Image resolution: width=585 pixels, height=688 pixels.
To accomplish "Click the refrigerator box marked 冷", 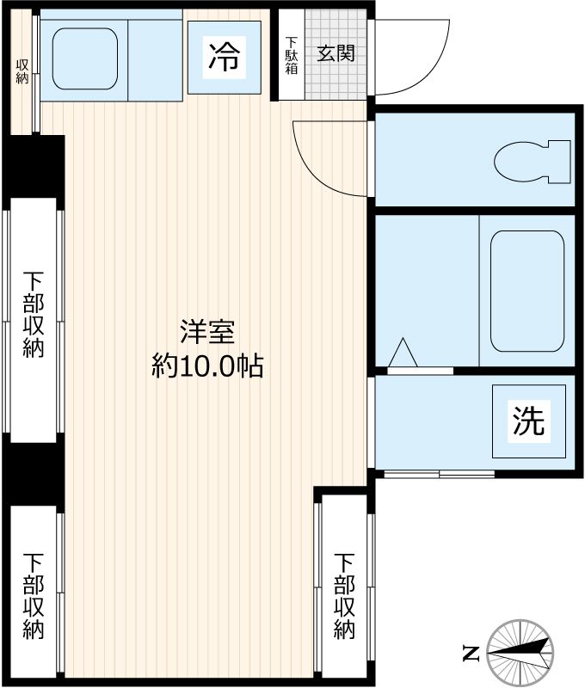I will [x=225, y=58].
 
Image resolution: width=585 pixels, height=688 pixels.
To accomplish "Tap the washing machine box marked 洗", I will [x=529, y=421].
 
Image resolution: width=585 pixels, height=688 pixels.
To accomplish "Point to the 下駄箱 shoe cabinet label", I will [x=292, y=56].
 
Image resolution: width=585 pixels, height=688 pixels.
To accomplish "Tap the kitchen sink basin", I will [x=84, y=58].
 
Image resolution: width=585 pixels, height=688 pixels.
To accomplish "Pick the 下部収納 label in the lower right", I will [x=344, y=596].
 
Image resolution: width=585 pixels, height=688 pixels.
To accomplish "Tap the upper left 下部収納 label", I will [x=34, y=315].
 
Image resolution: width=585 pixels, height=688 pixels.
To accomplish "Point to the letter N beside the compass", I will [x=470, y=654].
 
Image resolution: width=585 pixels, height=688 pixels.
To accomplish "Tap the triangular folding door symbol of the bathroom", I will [x=403, y=353].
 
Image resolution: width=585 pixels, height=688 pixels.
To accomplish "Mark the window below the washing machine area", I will [x=439, y=474].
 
